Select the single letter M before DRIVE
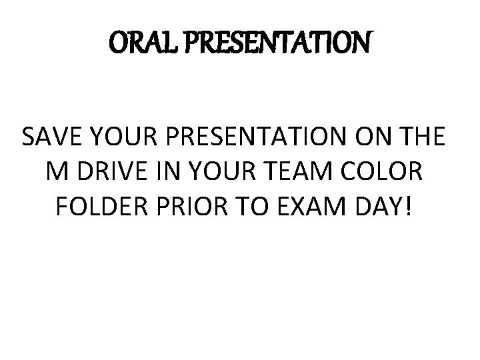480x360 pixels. pyautogui.click(x=58, y=173)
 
